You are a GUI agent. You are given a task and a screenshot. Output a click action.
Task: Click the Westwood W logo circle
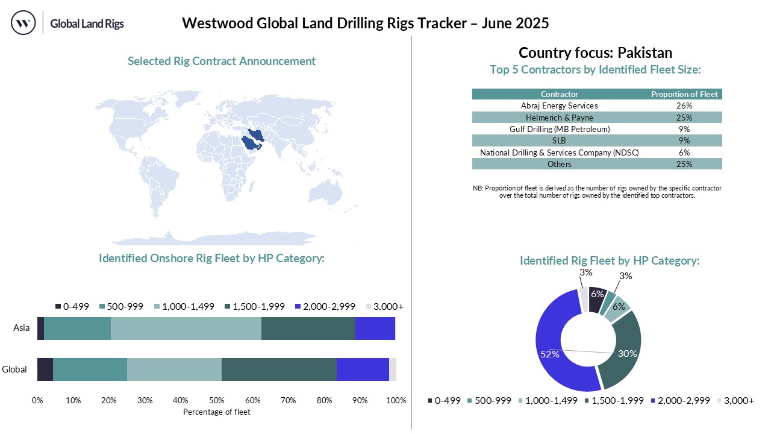[x=23, y=24]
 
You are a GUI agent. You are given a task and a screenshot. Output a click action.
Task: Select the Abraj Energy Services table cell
[x=560, y=105]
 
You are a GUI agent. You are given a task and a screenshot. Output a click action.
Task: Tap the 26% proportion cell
[x=684, y=105]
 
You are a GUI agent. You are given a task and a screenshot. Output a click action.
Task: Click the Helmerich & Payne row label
[x=560, y=117]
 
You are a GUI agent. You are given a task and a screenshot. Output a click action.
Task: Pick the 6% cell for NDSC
[x=684, y=153]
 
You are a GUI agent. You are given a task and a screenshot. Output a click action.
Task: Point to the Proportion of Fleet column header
[x=685, y=94]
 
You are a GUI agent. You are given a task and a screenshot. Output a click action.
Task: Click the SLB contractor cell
[x=560, y=140]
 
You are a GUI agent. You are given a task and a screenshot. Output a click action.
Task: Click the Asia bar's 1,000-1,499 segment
[x=186, y=329]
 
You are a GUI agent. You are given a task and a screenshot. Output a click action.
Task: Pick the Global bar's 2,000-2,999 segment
[x=362, y=369]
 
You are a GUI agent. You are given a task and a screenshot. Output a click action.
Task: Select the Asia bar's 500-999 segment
[x=77, y=329]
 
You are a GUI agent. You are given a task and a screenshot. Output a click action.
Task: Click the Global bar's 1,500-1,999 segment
[x=278, y=369]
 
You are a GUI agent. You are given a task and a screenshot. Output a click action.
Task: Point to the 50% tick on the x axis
[x=216, y=400]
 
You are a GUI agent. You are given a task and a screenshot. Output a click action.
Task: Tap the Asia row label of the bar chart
[x=22, y=329]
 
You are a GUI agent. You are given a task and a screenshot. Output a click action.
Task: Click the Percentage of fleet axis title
[x=216, y=412]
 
